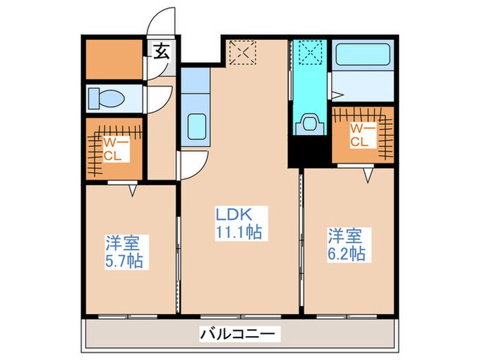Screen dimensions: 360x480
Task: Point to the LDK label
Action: click(x=235, y=214)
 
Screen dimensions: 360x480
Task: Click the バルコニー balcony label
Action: click(x=239, y=334)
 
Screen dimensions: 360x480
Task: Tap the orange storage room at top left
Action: click(x=112, y=60)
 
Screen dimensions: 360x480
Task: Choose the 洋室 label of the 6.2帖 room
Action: click(x=345, y=236)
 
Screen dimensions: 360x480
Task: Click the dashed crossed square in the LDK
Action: click(x=241, y=53)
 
